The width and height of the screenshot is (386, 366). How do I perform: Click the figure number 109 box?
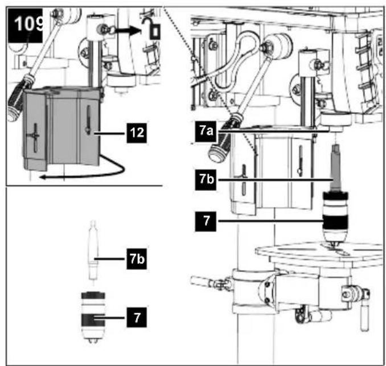tap(26, 26)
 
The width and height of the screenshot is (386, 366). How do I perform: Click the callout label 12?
tap(137, 133)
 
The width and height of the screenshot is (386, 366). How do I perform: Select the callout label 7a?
tap(206, 131)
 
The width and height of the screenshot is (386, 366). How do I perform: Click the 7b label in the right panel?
tap(206, 180)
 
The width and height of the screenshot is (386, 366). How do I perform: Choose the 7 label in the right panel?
tap(206, 221)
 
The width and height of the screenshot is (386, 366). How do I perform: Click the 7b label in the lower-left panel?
tap(137, 259)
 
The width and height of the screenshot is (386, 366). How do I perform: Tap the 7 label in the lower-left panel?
tap(137, 317)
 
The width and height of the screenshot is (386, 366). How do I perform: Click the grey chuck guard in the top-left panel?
tap(62, 129)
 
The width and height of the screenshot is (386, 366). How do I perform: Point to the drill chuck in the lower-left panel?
tap(93, 317)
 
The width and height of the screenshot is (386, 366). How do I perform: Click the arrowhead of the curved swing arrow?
tap(44, 176)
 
